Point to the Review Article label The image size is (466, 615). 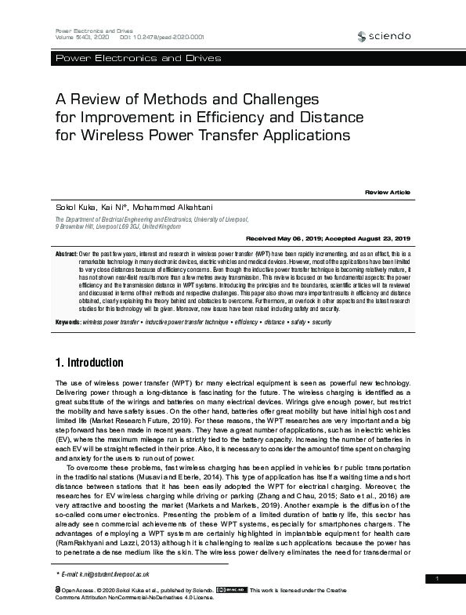(387, 192)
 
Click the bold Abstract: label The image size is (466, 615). (67, 255)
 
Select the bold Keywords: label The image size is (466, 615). (68, 323)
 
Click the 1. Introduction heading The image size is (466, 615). (89, 363)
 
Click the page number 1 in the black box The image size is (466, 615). (438, 578)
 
